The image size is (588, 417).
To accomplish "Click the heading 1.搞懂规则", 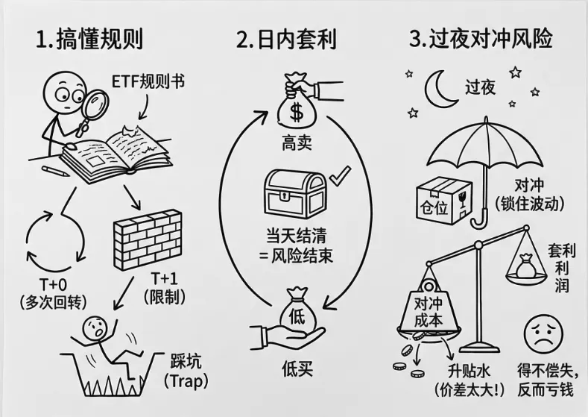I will [x=89, y=39].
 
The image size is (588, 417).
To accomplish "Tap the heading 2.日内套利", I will [x=286, y=39].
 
